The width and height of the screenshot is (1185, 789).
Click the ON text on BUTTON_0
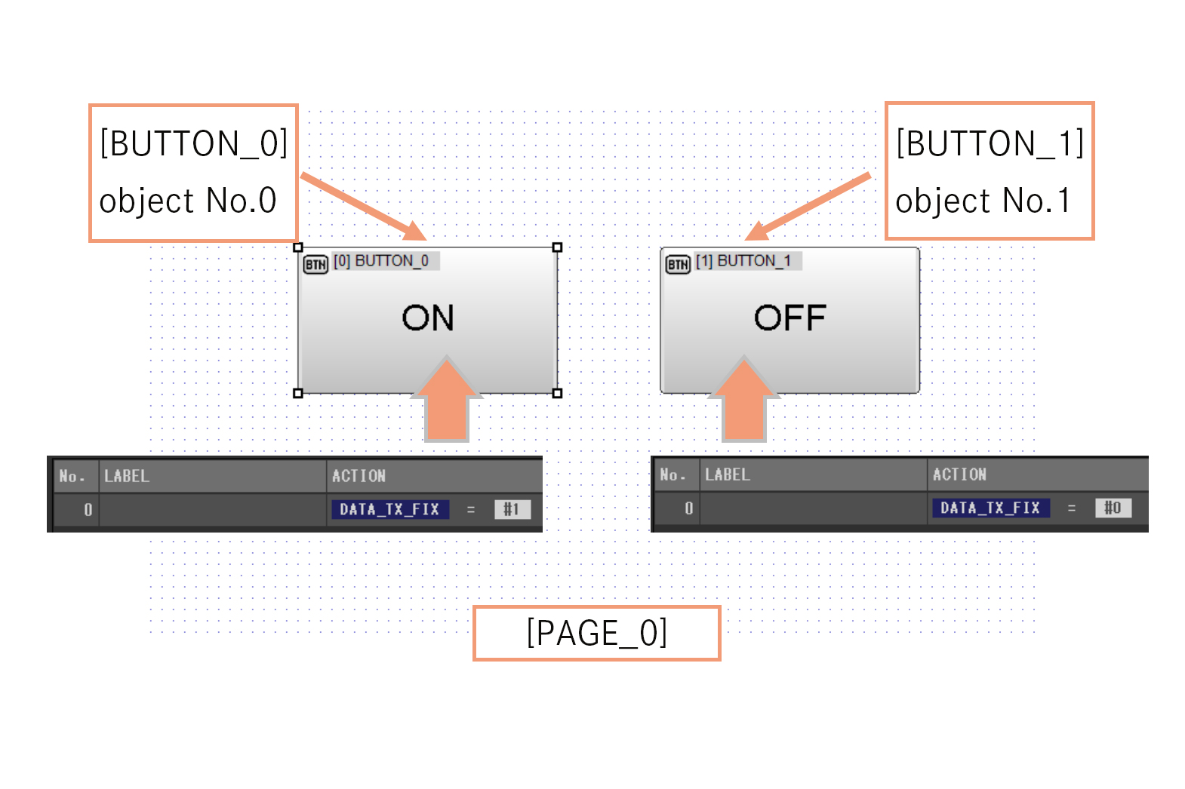click(428, 318)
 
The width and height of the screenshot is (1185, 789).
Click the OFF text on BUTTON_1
click(789, 318)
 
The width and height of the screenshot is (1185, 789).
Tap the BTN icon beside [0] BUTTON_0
click(315, 265)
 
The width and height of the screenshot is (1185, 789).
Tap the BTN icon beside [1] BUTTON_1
click(678, 265)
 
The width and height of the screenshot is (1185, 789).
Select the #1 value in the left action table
click(512, 510)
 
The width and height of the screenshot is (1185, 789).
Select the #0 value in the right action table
click(1113, 508)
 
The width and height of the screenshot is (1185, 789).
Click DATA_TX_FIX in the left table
click(389, 510)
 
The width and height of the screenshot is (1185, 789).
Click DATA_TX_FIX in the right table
click(990, 508)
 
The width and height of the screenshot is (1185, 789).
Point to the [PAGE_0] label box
click(596, 633)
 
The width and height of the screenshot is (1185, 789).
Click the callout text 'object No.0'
click(188, 201)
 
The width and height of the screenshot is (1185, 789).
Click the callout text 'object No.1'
click(983, 201)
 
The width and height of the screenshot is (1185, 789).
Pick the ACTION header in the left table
click(359, 476)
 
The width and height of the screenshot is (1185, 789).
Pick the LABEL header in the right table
click(727, 474)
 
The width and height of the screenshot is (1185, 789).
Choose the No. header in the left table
click(72, 476)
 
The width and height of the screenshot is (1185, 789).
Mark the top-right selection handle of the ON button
click(557, 247)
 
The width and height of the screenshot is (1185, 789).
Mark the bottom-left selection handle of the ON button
click(298, 393)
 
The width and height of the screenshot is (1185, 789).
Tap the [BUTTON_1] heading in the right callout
click(990, 143)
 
